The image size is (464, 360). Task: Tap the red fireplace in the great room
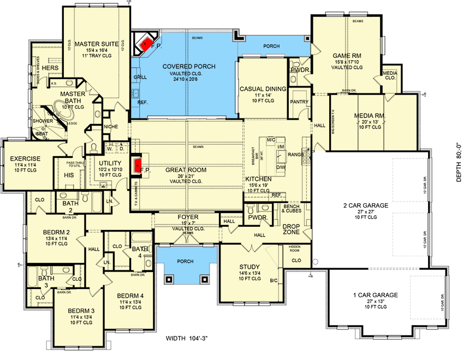pos(138,162)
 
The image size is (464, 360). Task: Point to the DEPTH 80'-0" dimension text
pos(458,162)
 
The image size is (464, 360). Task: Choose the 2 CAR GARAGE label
pos(366,205)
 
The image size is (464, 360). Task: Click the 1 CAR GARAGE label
pos(376,295)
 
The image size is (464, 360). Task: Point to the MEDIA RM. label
pos(370,116)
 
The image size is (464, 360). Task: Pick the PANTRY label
pos(300,102)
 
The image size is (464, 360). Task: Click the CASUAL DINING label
pos(263,89)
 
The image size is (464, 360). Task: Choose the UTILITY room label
pos(110,162)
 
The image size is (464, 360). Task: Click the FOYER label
pos(188,217)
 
